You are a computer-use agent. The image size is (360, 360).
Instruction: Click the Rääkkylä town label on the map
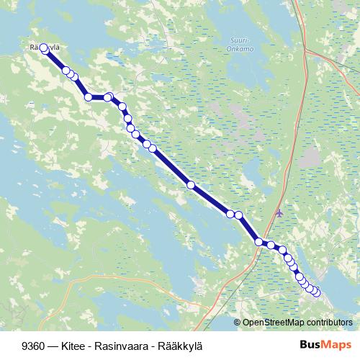(x=43, y=48)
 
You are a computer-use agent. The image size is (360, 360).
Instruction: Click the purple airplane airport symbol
(x=279, y=213)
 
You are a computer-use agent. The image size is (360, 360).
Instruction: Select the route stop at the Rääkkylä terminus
(x=44, y=48)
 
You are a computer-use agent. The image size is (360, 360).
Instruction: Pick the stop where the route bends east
(x=88, y=96)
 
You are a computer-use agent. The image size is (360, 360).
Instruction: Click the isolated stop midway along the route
(x=191, y=185)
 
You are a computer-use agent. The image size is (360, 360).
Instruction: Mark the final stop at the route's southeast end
(x=315, y=292)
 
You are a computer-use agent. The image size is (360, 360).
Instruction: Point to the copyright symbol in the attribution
(x=238, y=322)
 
